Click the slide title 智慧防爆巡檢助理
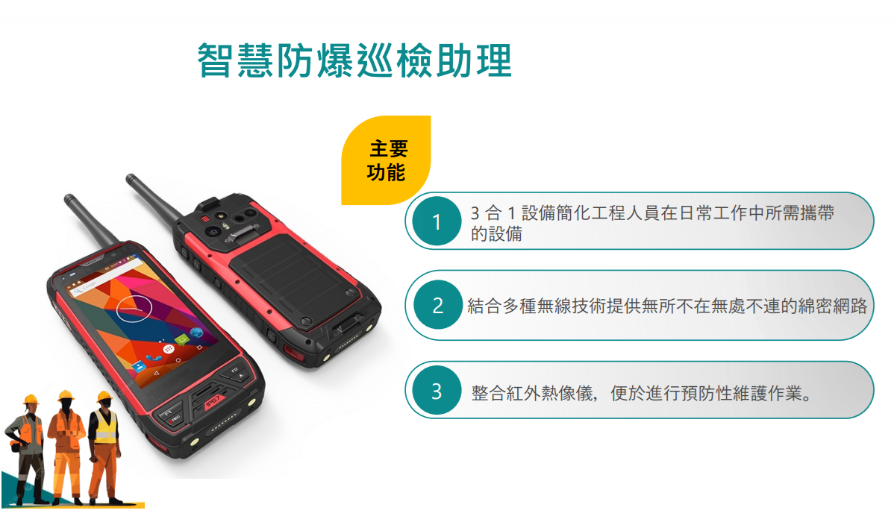[354, 60]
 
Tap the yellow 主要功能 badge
[386, 160]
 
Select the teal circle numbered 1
[437, 221]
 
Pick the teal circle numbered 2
[437, 306]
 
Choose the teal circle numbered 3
[437, 391]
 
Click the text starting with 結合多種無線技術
[667, 306]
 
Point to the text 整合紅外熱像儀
[534, 392]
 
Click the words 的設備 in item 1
[496, 233]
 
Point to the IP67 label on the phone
[213, 402]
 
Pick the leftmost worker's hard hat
[31, 400]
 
